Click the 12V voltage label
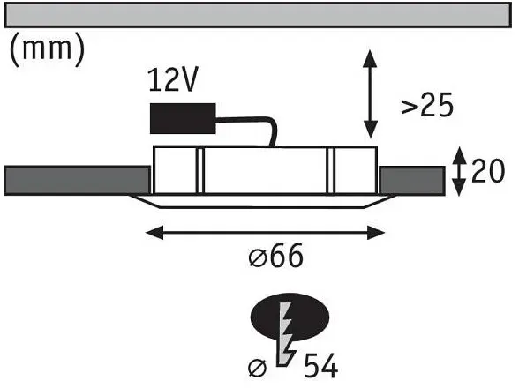(173, 79)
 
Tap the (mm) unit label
(48, 50)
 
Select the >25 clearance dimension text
(427, 106)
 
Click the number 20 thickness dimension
(488, 171)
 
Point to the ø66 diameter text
(275, 255)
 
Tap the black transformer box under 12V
(183, 118)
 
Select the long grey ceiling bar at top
(258, 15)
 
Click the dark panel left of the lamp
(77, 180)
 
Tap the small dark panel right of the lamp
(411, 181)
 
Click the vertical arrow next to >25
(371, 94)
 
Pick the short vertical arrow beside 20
(459, 172)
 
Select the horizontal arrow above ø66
(265, 233)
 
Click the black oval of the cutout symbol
(290, 317)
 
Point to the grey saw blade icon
(284, 334)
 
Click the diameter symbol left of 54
(257, 368)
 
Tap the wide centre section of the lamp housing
(265, 170)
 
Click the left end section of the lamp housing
(175, 170)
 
